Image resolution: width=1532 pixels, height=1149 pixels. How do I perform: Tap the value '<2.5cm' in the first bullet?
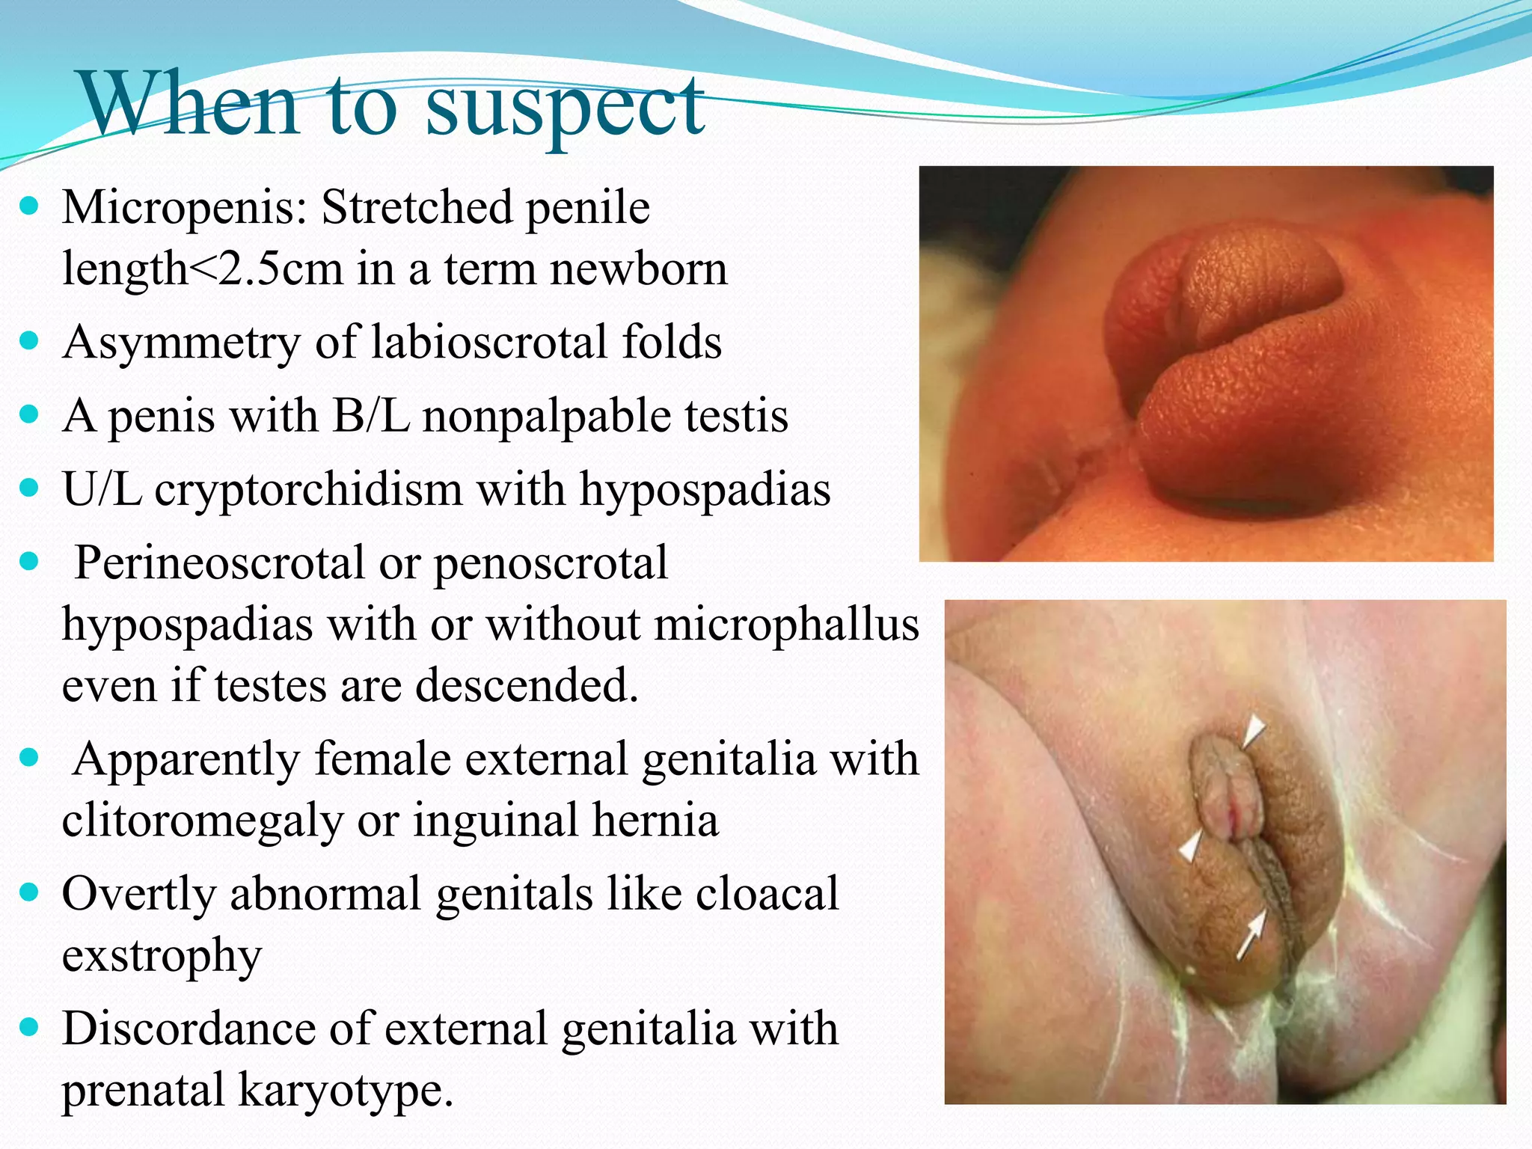point(266,269)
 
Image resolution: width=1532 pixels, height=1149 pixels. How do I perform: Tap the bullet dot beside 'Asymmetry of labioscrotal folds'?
point(29,341)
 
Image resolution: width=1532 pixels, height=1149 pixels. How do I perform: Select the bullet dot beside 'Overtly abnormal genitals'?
point(29,892)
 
